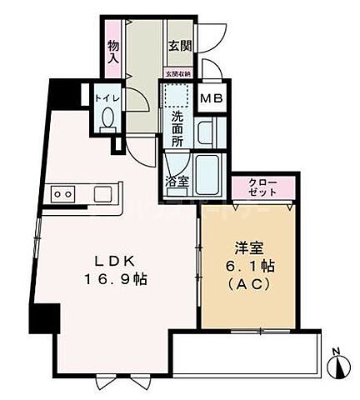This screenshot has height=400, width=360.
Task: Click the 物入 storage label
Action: click(x=113, y=54)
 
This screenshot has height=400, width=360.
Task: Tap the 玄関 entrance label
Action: click(x=177, y=46)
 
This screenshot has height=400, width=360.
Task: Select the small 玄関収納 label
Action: click(x=177, y=73)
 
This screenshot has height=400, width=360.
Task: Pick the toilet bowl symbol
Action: click(x=107, y=119)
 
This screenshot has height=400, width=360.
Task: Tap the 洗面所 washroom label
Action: click(x=177, y=129)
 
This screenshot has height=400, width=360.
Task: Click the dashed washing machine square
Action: click(x=177, y=98)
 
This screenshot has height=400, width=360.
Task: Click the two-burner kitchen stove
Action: click(x=63, y=194)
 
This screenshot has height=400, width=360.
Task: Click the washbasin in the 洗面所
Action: click(x=205, y=132)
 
